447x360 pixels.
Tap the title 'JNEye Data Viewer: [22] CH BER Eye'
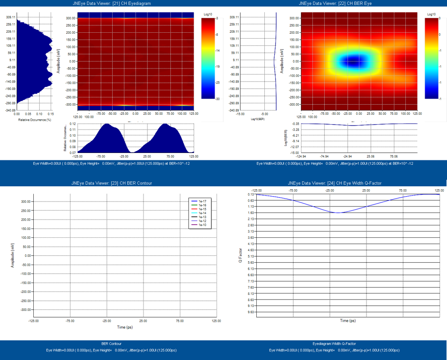pyautogui.click(x=335, y=3)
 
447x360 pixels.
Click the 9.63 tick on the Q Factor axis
pyautogui.click(x=251, y=312)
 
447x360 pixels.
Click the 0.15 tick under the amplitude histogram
pyautogui.click(x=52, y=114)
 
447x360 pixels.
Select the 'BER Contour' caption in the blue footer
pyautogui.click(x=111, y=344)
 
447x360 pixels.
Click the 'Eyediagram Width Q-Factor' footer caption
pyautogui.click(x=335, y=344)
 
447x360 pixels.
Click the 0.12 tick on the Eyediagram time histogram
pyautogui.click(x=73, y=124)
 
